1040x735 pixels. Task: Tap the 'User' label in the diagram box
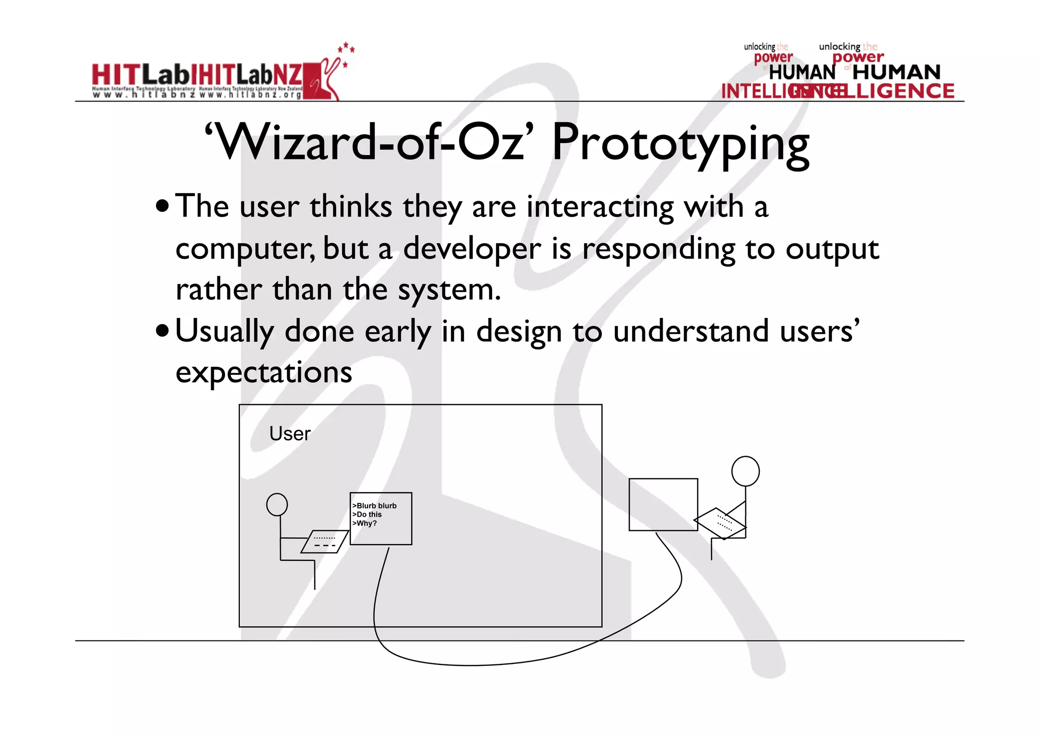pyautogui.click(x=289, y=434)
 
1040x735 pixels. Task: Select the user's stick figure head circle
pyautogui.click(x=277, y=504)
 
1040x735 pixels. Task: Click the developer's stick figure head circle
pyautogui.click(x=745, y=471)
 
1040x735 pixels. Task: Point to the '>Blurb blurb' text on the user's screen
pyautogui.click(x=375, y=506)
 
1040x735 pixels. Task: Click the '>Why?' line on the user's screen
pyautogui.click(x=365, y=524)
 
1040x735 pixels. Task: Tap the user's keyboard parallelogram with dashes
pyautogui.click(x=324, y=542)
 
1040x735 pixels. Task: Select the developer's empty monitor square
pyautogui.click(x=663, y=504)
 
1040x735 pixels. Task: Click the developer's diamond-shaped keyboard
pyautogui.click(x=720, y=523)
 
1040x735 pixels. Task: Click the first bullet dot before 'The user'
pyautogui.click(x=162, y=207)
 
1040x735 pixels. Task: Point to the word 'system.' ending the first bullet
pyautogui.click(x=449, y=291)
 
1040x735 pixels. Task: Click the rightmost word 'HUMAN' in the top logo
pyautogui.click(x=896, y=73)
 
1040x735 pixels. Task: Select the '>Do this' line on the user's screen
pyautogui.click(x=367, y=515)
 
